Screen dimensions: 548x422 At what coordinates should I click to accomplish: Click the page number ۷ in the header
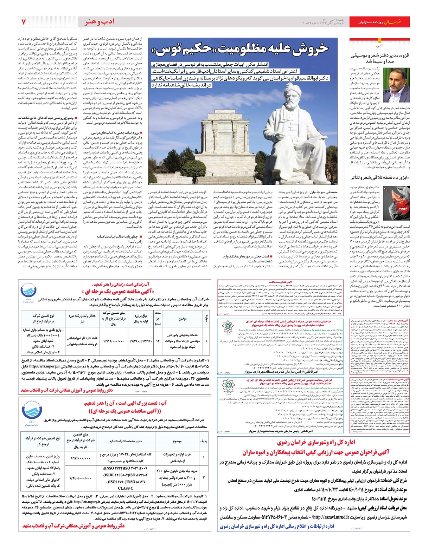(x=24, y=22)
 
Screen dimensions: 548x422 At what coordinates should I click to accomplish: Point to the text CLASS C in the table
(x=126, y=488)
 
